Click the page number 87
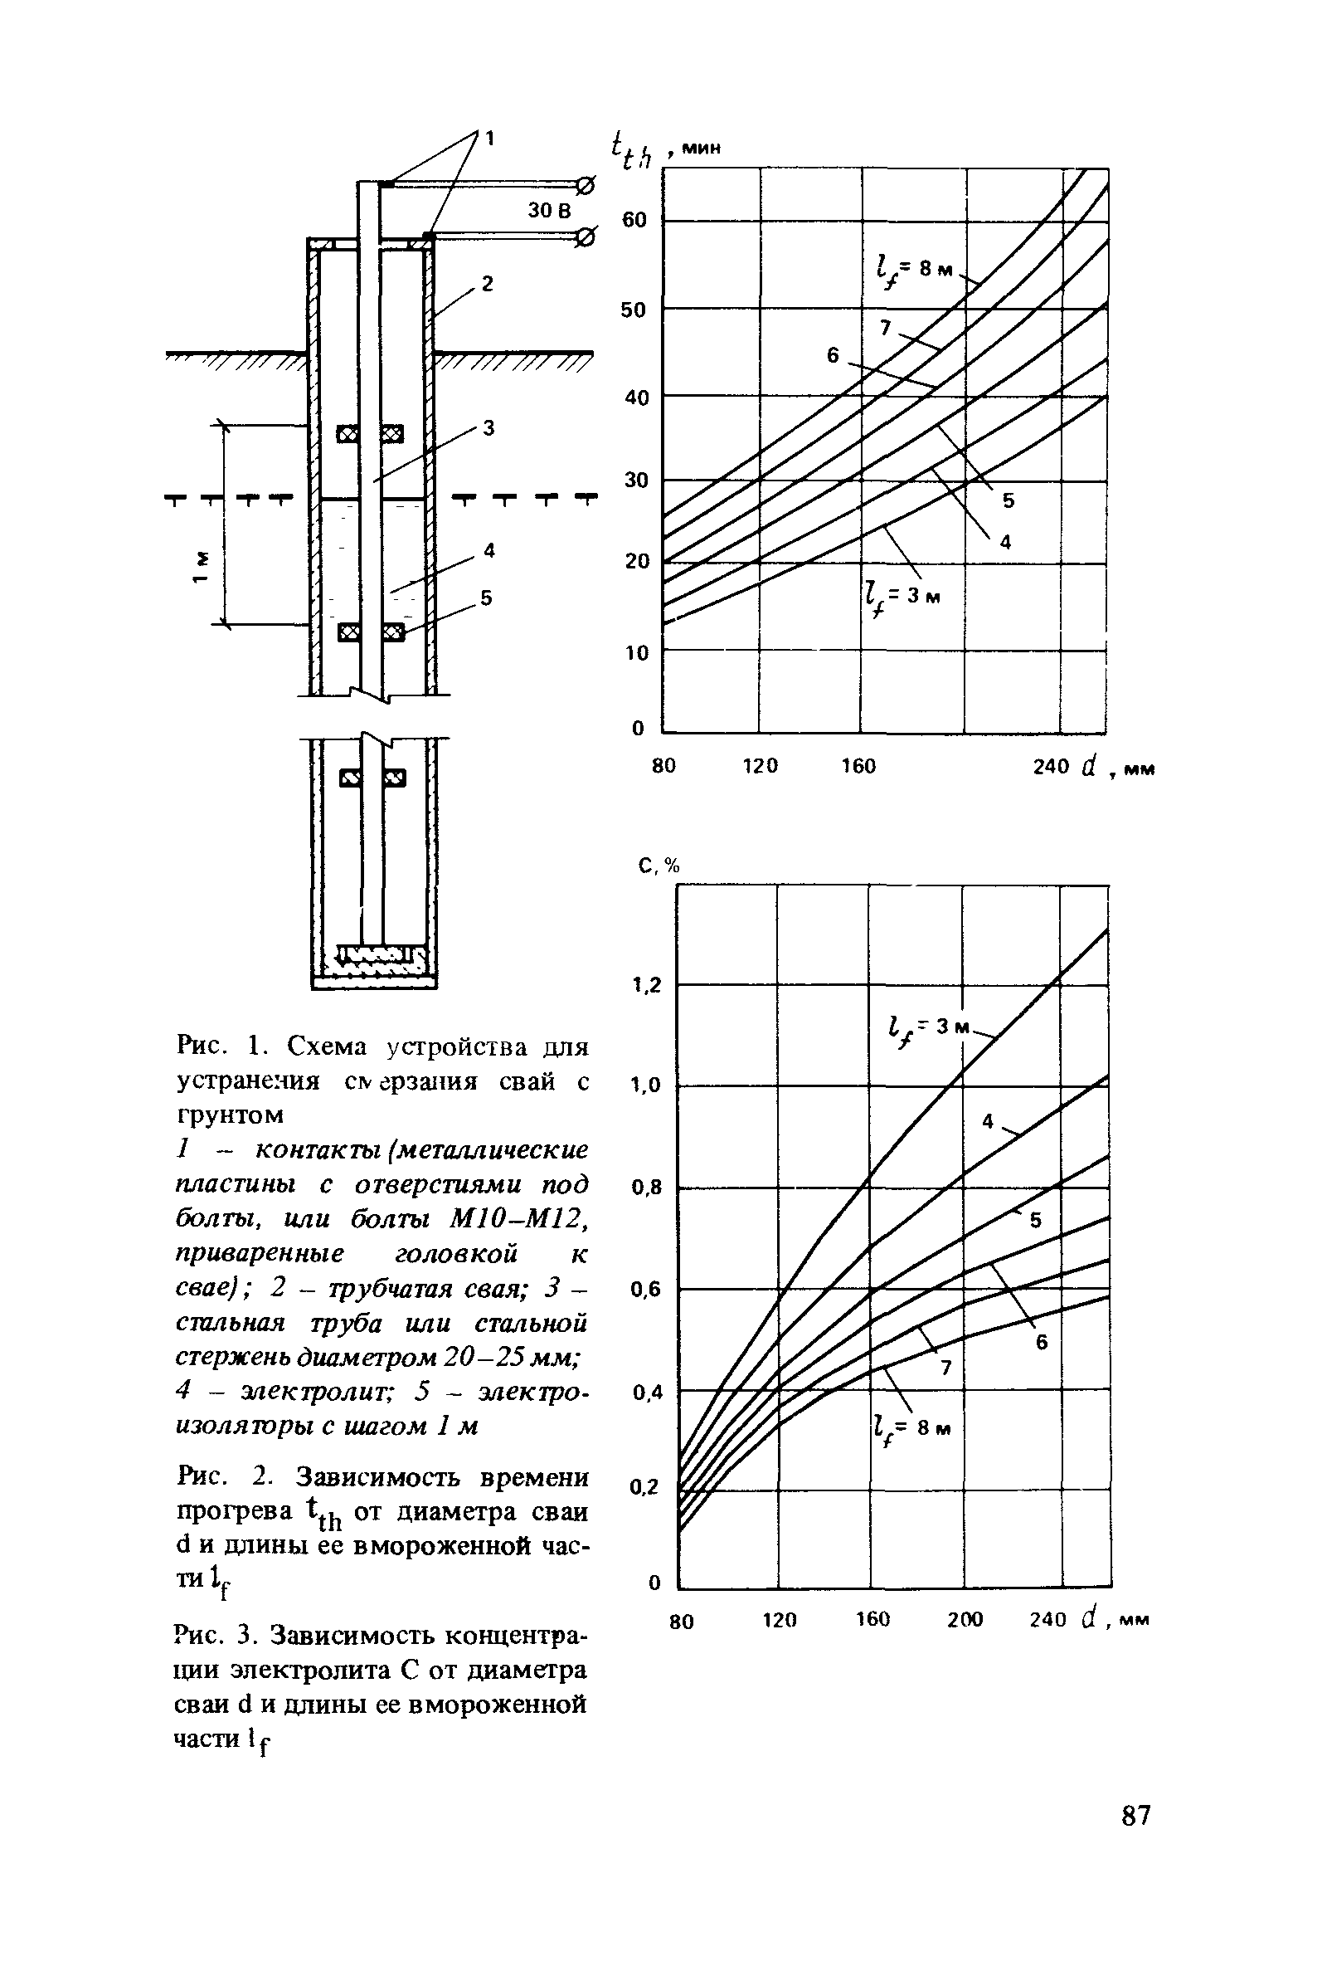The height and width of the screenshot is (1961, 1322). pyautogui.click(x=1135, y=1814)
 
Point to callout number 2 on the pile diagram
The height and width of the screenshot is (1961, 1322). pyautogui.click(x=487, y=285)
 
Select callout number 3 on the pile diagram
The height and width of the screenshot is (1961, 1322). pyautogui.click(x=488, y=428)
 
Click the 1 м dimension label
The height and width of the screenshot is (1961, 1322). pyautogui.click(x=200, y=567)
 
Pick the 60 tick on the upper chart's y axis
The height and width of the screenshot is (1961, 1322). pyautogui.click(x=634, y=221)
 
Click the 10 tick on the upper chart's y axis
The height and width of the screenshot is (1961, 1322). pyautogui.click(x=637, y=652)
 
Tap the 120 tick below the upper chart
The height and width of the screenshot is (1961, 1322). pyautogui.click(x=759, y=766)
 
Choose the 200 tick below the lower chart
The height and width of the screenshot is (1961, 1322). pyautogui.click(x=965, y=1618)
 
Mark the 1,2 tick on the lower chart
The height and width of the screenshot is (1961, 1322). pyautogui.click(x=647, y=985)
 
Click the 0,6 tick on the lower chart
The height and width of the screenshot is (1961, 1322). pyautogui.click(x=647, y=1290)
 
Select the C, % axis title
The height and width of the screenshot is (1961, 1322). pyautogui.click(x=659, y=866)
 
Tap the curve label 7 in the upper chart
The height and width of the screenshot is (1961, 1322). pyautogui.click(x=885, y=328)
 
